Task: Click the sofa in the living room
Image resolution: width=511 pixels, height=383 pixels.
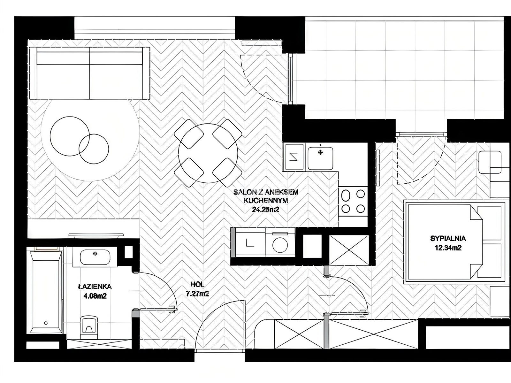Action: point(90,73)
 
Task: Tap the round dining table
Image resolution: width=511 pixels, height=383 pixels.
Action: point(208,153)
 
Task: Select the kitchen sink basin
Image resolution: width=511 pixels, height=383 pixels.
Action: point(320,158)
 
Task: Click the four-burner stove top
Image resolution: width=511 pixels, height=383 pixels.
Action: point(353,201)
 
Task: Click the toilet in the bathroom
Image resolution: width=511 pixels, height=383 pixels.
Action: point(89,327)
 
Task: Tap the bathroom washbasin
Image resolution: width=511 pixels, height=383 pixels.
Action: point(95,257)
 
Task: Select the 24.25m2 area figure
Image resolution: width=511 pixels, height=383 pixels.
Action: point(265,210)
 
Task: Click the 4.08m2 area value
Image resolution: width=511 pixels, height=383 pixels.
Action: point(95,296)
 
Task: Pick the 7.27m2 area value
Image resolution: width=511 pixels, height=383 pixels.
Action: point(197,294)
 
